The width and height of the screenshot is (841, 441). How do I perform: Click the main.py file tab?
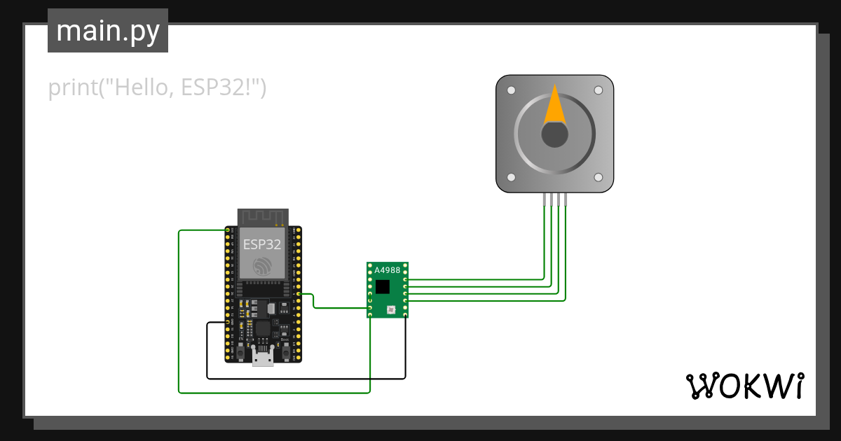pyautogui.click(x=107, y=31)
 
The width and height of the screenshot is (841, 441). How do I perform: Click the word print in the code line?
pyautogui.click(x=72, y=88)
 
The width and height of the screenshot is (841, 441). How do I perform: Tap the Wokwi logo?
pyautogui.click(x=744, y=386)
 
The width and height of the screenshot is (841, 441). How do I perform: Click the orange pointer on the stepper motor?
pyautogui.click(x=555, y=106)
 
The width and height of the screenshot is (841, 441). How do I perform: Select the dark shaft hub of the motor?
pyautogui.click(x=554, y=134)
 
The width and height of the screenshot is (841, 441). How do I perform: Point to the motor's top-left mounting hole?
pyautogui.click(x=511, y=90)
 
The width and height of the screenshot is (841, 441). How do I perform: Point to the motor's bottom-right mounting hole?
pyautogui.click(x=598, y=178)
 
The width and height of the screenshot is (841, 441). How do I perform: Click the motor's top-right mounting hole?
pyautogui.click(x=598, y=90)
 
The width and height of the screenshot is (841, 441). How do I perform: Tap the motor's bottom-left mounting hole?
pyautogui.click(x=511, y=178)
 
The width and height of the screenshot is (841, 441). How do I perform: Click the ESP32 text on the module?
pyautogui.click(x=262, y=244)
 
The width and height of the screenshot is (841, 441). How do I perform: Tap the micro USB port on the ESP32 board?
pyautogui.click(x=263, y=358)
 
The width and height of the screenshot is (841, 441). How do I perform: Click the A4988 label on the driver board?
pyautogui.click(x=387, y=270)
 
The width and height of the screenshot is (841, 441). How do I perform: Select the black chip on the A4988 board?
pyautogui.click(x=383, y=286)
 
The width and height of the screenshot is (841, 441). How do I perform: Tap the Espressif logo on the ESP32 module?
pyautogui.click(x=263, y=265)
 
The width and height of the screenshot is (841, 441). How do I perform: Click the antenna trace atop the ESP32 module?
pyautogui.click(x=263, y=217)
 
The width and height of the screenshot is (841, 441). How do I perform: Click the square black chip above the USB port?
pyautogui.click(x=263, y=328)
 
